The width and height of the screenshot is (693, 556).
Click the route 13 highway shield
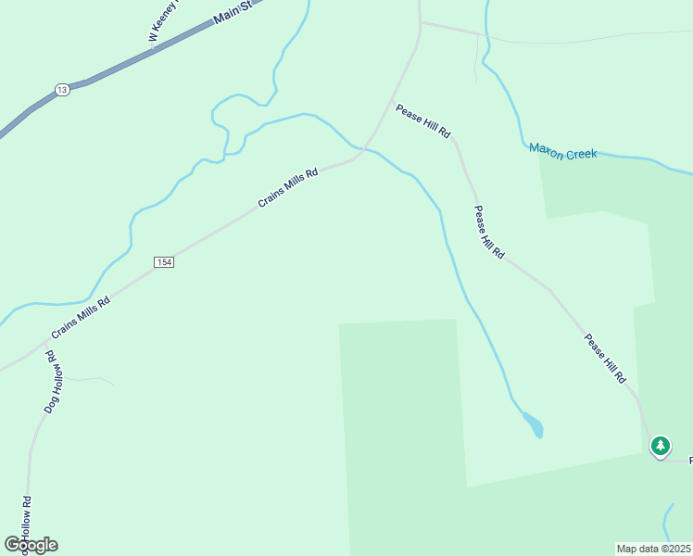61,89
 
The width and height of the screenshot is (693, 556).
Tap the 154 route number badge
164,262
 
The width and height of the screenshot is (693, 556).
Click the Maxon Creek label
563,150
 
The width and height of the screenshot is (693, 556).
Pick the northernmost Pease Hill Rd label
422,121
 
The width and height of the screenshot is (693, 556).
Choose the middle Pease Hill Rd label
489,233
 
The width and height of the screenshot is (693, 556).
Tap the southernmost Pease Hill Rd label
605,359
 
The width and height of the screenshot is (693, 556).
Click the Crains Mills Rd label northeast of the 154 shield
288,186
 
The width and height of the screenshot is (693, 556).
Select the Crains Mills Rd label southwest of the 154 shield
81,316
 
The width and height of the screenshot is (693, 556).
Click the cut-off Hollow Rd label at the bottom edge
25,519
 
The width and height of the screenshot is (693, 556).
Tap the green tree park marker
660,447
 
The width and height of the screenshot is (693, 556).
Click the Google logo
31,545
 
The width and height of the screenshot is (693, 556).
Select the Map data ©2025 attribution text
654,548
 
